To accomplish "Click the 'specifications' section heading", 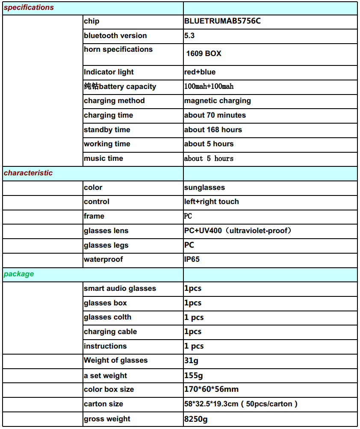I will pyautogui.click(x=29, y=7).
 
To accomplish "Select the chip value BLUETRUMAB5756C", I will pyautogui.click(x=222, y=21).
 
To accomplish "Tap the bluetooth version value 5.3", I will pyautogui.click(x=189, y=36).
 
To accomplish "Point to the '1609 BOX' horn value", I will pyautogui.click(x=204, y=53).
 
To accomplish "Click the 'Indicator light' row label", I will pyautogui.click(x=109, y=72).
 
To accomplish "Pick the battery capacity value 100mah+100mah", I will pyautogui.click(x=209, y=86).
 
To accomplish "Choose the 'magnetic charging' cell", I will pyautogui.click(x=217, y=101).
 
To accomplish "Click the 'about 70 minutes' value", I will pyautogui.click(x=215, y=115).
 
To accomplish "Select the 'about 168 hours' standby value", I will pyautogui.click(x=213, y=130).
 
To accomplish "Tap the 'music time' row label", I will pyautogui.click(x=103, y=158).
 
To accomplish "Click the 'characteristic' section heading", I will pyautogui.click(x=28, y=173).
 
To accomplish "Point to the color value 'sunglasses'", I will pyautogui.click(x=204, y=187).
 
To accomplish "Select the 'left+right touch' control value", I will pyautogui.click(x=211, y=201).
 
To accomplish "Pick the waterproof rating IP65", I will pyautogui.click(x=192, y=259).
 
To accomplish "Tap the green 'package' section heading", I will pyautogui.click(x=19, y=274).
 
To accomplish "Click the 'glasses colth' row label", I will pyautogui.click(x=107, y=317).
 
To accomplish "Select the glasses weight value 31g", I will pyautogui.click(x=191, y=360).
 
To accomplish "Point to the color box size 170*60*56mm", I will pyautogui.click(x=211, y=389).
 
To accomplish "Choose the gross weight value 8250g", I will pyautogui.click(x=196, y=419).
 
